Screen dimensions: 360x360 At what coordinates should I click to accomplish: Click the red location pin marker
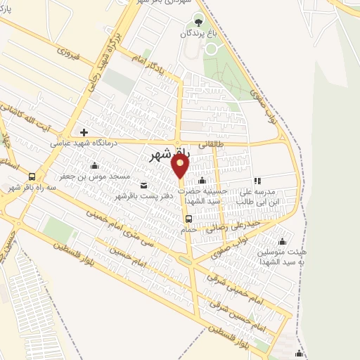[x=181, y=166]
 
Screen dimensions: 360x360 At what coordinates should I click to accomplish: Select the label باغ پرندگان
[x=199, y=34]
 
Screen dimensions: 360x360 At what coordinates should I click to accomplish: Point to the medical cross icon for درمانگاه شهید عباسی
[x=84, y=131]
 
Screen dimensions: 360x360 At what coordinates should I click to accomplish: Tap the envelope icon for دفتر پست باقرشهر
[x=144, y=185]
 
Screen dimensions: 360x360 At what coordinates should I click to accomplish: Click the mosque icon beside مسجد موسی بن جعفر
[x=95, y=166]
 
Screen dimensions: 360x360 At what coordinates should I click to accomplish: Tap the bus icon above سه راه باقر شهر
[x=32, y=176]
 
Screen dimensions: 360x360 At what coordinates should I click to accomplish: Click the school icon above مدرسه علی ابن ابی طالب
[x=257, y=181]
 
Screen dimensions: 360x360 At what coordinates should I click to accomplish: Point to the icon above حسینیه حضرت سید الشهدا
[x=202, y=181]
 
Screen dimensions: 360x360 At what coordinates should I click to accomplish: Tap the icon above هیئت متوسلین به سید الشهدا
[x=282, y=241]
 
